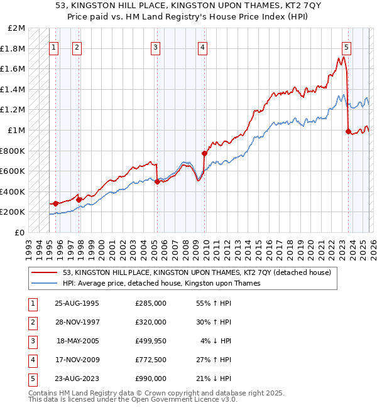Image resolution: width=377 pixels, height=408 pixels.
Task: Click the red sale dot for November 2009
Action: point(204,153)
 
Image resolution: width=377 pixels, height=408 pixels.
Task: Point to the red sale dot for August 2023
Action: point(348,131)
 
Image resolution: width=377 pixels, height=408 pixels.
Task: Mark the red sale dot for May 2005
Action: point(157,181)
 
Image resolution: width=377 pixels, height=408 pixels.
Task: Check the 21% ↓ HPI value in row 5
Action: point(214,378)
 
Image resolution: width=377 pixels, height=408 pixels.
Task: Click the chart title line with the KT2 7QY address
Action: point(188,6)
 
